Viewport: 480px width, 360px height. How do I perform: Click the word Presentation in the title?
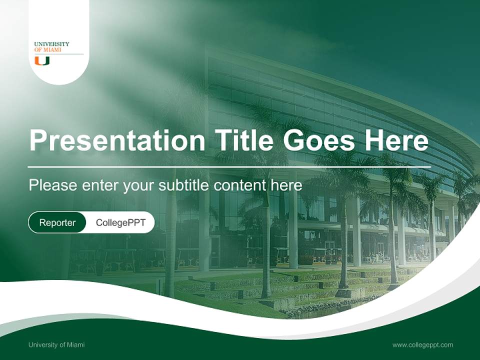click(x=117, y=140)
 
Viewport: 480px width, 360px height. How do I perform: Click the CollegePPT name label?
click(x=120, y=222)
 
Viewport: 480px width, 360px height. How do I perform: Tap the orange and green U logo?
click(x=42, y=61)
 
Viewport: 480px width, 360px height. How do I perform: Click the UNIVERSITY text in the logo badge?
click(x=51, y=44)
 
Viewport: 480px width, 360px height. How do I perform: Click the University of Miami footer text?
click(x=56, y=344)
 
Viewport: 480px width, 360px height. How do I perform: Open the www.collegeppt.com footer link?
click(x=422, y=344)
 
